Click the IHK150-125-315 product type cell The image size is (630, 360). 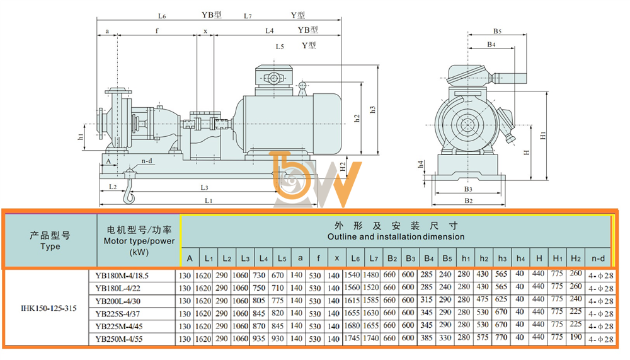(49, 308)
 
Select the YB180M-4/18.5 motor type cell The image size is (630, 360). (122, 276)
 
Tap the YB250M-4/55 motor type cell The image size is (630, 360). (119, 339)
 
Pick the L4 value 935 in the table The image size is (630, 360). (259, 339)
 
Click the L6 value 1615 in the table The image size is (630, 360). (352, 301)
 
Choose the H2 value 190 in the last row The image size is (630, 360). (576, 337)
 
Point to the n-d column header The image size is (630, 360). (598, 258)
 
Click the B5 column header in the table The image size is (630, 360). (447, 258)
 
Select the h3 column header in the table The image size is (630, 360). (502, 258)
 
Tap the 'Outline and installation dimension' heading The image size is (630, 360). (396, 236)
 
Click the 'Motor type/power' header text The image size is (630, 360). (139, 241)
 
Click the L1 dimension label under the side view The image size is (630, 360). (208, 200)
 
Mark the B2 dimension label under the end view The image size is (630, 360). (469, 200)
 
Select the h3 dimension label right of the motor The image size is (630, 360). (372, 110)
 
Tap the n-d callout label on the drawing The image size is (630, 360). (147, 161)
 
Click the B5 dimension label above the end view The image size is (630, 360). (498, 31)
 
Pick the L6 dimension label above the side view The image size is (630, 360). (162, 16)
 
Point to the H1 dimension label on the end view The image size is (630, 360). (543, 136)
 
